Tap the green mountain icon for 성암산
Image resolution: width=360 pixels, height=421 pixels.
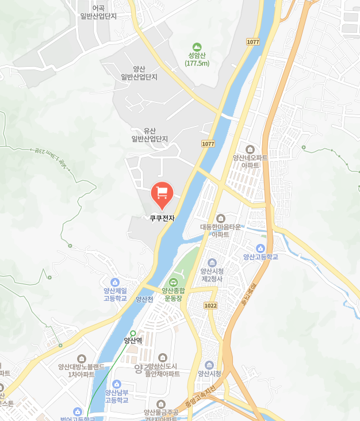(197, 47)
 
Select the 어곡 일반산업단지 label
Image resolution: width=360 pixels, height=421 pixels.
(98, 12)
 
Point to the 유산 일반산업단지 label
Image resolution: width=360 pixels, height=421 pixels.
(150, 135)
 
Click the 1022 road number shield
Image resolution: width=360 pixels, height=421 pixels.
(210, 305)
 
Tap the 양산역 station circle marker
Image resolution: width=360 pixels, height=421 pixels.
(133, 333)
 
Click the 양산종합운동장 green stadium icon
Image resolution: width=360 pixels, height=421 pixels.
(173, 282)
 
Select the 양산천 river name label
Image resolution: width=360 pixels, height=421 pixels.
(144, 299)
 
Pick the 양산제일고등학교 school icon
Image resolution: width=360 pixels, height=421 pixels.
(115, 282)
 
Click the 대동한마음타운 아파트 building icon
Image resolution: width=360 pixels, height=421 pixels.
(221, 218)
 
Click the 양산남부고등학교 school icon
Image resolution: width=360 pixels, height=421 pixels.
(117, 384)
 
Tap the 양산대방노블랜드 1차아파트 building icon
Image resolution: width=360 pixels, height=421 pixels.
(81, 358)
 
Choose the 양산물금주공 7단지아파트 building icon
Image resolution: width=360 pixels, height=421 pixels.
(161, 404)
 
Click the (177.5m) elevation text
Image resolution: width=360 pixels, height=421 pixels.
(197, 63)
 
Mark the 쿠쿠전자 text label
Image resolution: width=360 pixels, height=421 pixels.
(162, 218)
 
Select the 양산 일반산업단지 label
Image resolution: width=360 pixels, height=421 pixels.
(139, 72)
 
